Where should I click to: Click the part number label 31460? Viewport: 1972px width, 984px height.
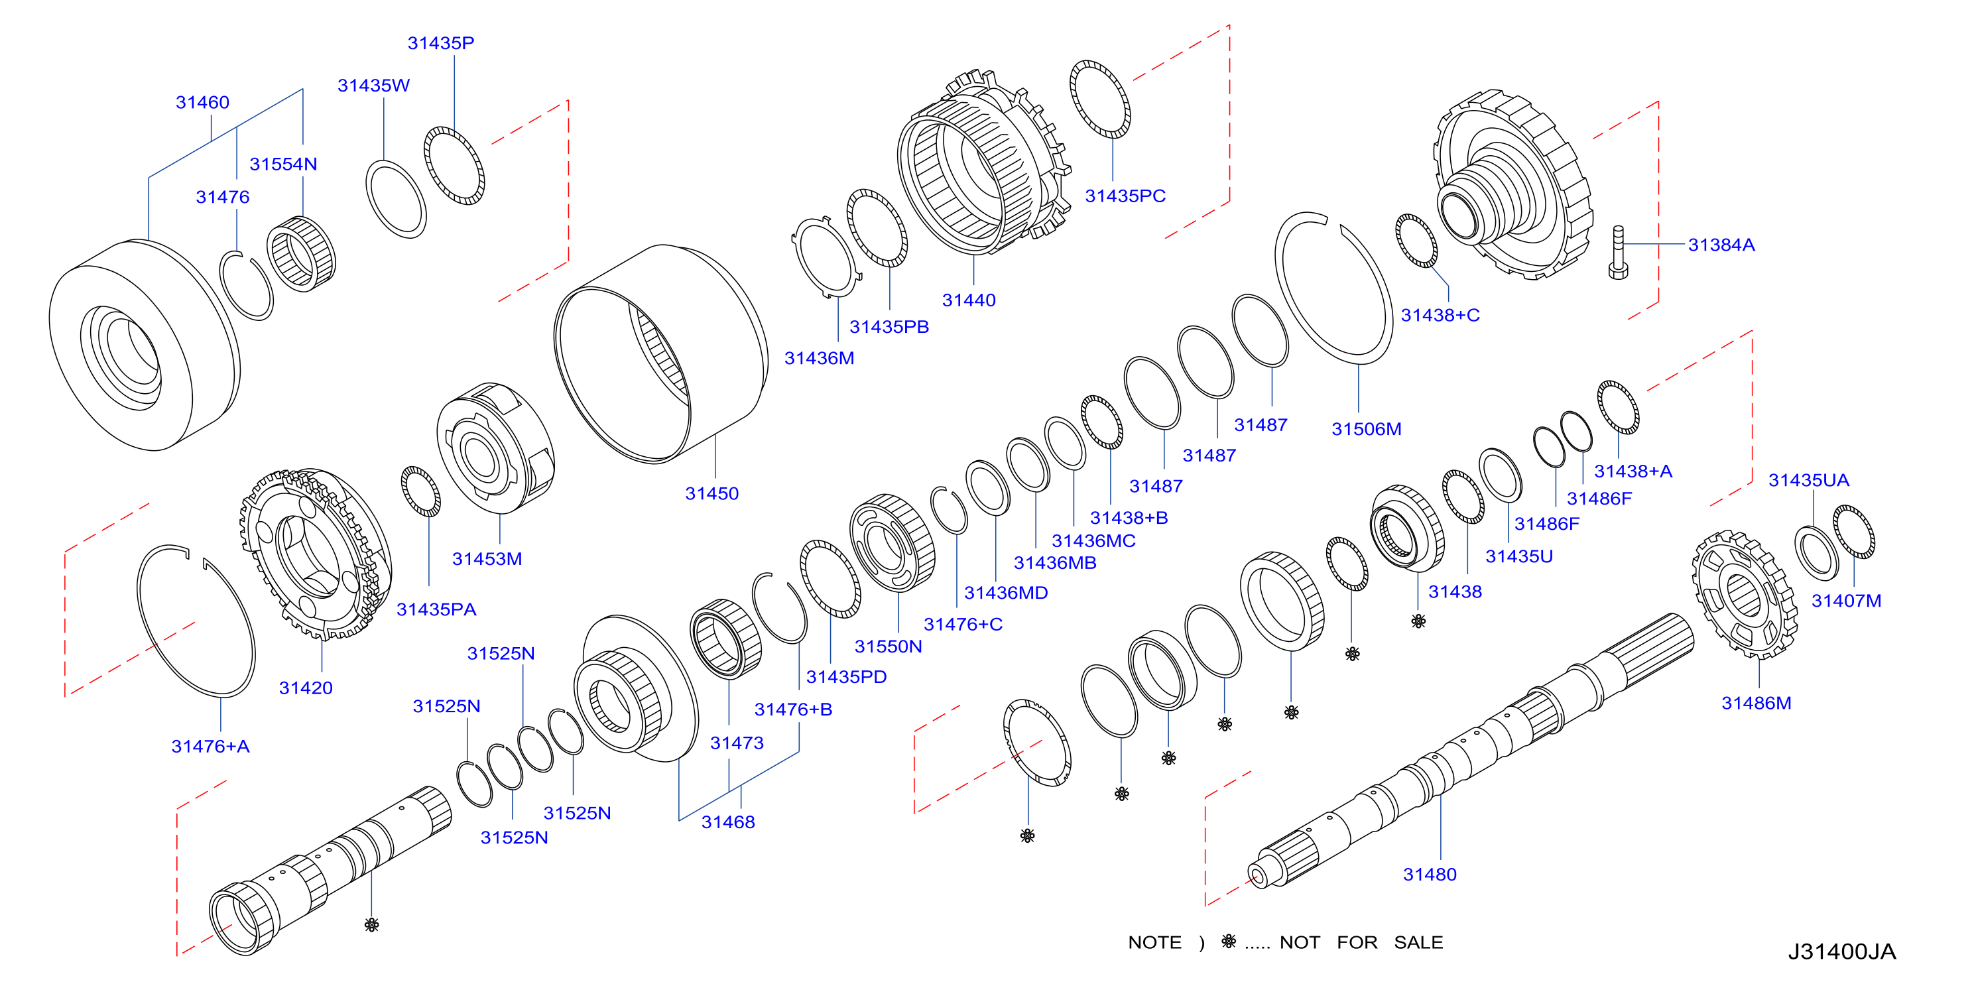point(202,103)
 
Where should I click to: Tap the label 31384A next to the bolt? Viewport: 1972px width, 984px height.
point(1721,245)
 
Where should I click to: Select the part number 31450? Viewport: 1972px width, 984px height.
point(712,494)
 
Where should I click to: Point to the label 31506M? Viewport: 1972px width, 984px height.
point(1367,430)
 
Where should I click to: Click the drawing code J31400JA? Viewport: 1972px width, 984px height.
point(1842,952)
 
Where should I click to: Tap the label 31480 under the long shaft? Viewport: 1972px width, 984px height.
point(1429,875)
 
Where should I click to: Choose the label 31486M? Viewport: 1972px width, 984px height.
point(1756,703)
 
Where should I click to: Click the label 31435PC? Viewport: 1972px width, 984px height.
point(1125,196)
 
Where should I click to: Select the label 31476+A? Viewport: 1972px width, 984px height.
point(210,747)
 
